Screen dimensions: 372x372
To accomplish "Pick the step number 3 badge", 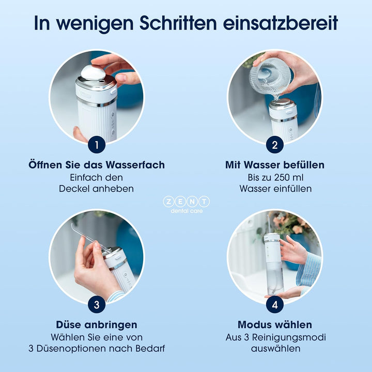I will [x=97, y=305].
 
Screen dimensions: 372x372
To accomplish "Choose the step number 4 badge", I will [x=274, y=305].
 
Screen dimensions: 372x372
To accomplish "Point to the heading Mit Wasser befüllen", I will [x=275, y=165].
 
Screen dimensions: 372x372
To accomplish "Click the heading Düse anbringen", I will [x=97, y=324].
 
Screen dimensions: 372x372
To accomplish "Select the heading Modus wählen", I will [x=275, y=324].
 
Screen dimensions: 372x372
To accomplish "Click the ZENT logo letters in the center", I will [x=186, y=202].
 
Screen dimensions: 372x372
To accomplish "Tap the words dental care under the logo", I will [x=186, y=210].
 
